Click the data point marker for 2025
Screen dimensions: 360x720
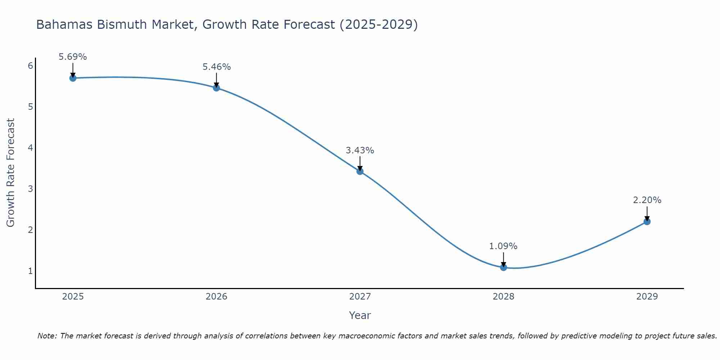pyautogui.click(x=73, y=78)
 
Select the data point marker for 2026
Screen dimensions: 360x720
pyautogui.click(x=216, y=88)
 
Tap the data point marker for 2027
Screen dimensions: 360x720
pyautogui.click(x=360, y=171)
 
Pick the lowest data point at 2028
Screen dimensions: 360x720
pyautogui.click(x=504, y=267)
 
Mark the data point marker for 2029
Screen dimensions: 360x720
pyautogui.click(x=647, y=222)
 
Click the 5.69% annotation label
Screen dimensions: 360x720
pyautogui.click(x=73, y=57)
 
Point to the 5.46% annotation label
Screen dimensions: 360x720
pyautogui.click(x=216, y=67)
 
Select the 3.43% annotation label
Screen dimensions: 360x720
pyautogui.click(x=360, y=150)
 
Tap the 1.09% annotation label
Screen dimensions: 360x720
pyautogui.click(x=503, y=246)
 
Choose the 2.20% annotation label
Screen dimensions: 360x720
pyautogui.click(x=647, y=200)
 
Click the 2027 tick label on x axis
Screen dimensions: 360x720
pyautogui.click(x=360, y=297)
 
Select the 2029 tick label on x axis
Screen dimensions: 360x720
pyautogui.click(x=647, y=297)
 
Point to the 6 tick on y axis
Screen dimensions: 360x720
pyautogui.click(x=30, y=66)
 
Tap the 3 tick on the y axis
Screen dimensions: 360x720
pyautogui.click(x=30, y=189)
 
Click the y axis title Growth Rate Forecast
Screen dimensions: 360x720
pyautogui.click(x=11, y=173)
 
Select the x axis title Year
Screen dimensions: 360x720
pyautogui.click(x=360, y=315)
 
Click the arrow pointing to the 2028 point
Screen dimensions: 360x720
pyautogui.click(x=504, y=259)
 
